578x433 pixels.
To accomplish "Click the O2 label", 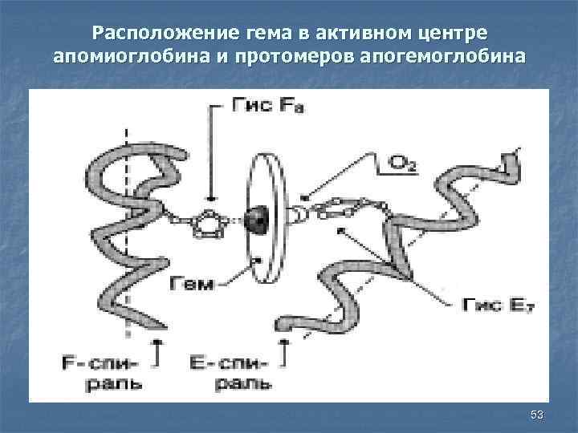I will tap(402, 164).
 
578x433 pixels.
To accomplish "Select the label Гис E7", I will tap(492, 304).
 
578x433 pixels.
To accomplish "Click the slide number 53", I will tap(537, 414).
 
